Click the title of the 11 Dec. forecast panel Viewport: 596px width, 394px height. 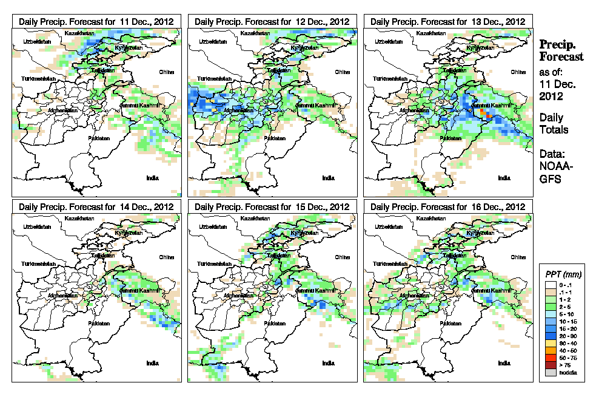(x=96, y=21)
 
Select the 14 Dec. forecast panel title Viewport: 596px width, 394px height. (x=96, y=206)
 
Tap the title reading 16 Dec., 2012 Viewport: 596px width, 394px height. (x=448, y=206)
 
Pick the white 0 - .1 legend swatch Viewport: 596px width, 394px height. (x=550, y=284)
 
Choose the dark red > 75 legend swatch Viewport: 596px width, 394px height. (x=550, y=365)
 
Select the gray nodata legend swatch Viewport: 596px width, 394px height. (x=550, y=372)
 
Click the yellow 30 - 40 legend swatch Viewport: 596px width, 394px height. (x=550, y=343)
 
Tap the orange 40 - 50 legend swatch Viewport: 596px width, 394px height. (x=550, y=350)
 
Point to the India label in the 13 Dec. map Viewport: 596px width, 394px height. (x=504, y=178)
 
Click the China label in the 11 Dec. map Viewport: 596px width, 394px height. (x=166, y=72)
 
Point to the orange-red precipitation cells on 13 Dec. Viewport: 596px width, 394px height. (x=484, y=113)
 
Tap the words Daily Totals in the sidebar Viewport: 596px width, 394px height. (x=551, y=123)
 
